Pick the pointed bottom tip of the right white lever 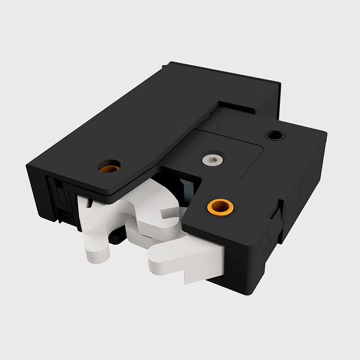click(x=186, y=282)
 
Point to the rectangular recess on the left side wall click(x=58, y=196)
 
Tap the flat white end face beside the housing click(x=211, y=265)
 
